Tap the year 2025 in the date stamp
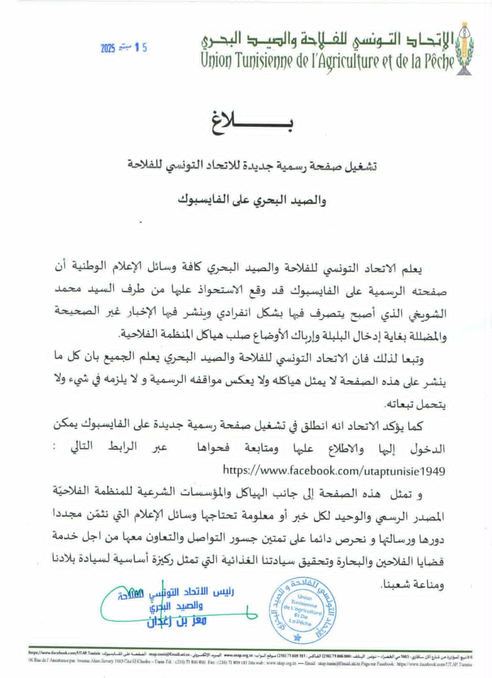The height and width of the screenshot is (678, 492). click(x=108, y=49)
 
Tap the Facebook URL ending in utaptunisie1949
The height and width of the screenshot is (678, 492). click(x=334, y=470)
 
